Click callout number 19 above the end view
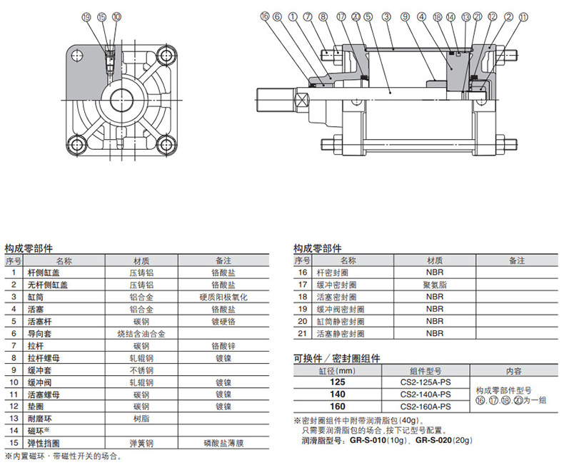pyautogui.click(x=86, y=16)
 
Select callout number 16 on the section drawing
pyautogui.click(x=265, y=16)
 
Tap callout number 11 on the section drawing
pyautogui.click(x=525, y=16)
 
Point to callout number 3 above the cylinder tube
pyautogui.click(x=386, y=16)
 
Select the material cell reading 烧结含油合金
pyautogui.click(x=141, y=333)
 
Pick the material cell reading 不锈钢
pyautogui.click(x=141, y=370)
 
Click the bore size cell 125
pyautogui.click(x=337, y=382)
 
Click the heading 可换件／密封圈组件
pyautogui.click(x=337, y=358)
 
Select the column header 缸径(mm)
pyautogui.click(x=337, y=371)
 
